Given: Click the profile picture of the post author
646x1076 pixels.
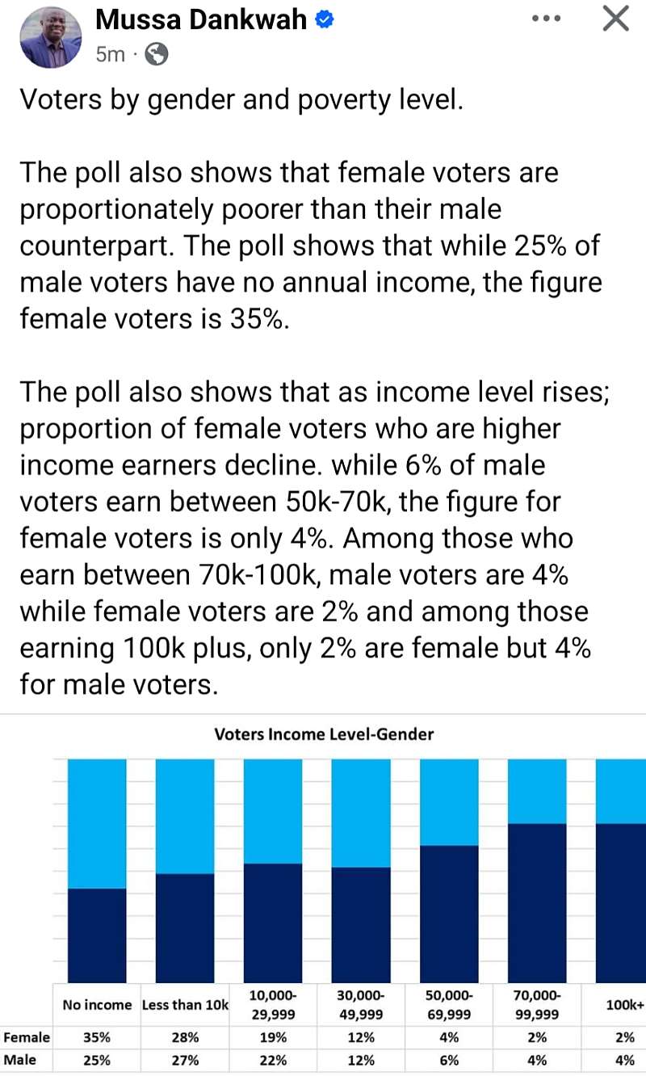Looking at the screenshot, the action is click(x=50, y=37).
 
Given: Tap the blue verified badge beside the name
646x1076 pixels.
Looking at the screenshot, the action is click(x=324, y=19).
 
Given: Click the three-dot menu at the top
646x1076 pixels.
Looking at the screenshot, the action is click(x=546, y=19).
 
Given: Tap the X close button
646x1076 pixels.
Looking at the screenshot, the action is click(x=616, y=19).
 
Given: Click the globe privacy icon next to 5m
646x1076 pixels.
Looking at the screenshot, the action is click(x=157, y=54).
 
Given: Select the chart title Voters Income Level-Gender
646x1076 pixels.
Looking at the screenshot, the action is click(x=324, y=734).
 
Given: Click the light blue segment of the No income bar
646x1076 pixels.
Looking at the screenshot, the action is click(x=97, y=824).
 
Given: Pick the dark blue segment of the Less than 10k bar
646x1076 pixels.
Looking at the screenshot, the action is click(x=185, y=928).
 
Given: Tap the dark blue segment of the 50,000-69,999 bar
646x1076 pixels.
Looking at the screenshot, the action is click(x=449, y=914).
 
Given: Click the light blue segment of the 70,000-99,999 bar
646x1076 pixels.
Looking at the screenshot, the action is click(x=537, y=792).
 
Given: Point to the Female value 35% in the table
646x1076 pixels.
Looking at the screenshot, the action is click(x=97, y=1037).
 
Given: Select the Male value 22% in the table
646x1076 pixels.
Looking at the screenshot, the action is click(x=273, y=1060).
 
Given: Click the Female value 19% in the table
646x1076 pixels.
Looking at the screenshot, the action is click(x=273, y=1037).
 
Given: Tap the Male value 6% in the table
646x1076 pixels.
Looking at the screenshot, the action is click(x=449, y=1060).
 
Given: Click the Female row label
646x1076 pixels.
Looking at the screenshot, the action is click(x=27, y=1037).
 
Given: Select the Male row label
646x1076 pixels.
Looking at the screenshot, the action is click(x=19, y=1059).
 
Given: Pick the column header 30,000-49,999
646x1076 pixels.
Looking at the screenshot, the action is click(x=361, y=1004).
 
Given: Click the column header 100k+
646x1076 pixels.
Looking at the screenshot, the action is click(x=625, y=1004).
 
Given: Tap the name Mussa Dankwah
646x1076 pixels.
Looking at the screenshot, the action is click(x=201, y=19).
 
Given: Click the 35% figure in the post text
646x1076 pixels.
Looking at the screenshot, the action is click(x=256, y=318).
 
